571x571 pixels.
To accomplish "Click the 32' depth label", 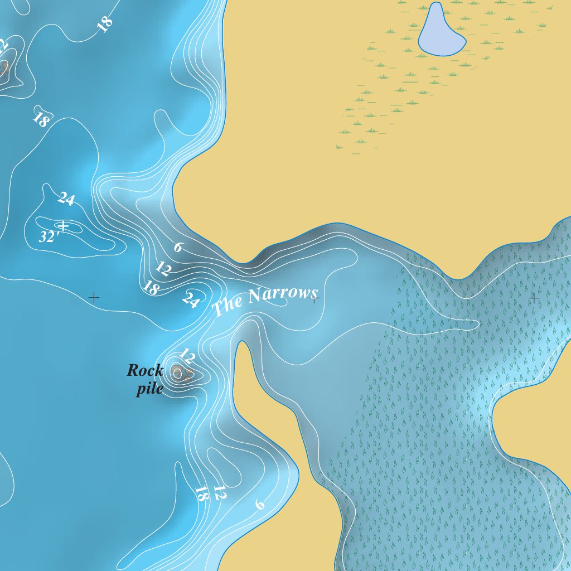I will point(49,236).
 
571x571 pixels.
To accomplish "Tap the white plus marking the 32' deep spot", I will point(64,226).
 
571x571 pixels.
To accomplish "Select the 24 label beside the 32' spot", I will point(66,199).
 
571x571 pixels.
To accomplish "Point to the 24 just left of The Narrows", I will point(190,300).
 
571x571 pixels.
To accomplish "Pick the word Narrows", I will point(283,294).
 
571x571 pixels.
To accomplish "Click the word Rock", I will point(145,370).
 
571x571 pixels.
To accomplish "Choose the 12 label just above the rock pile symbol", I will point(187,355).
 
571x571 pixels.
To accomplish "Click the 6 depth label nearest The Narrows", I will point(178,246).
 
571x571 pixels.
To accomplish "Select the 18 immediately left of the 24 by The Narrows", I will point(150,287).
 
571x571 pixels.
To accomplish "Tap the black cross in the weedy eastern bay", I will point(534,298).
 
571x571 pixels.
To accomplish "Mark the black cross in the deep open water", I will point(94,298).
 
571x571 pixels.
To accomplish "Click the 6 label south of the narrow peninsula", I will point(259,504).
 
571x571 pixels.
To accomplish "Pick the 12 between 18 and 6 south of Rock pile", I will point(219,493).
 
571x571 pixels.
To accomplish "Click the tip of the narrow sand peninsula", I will point(242,344).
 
